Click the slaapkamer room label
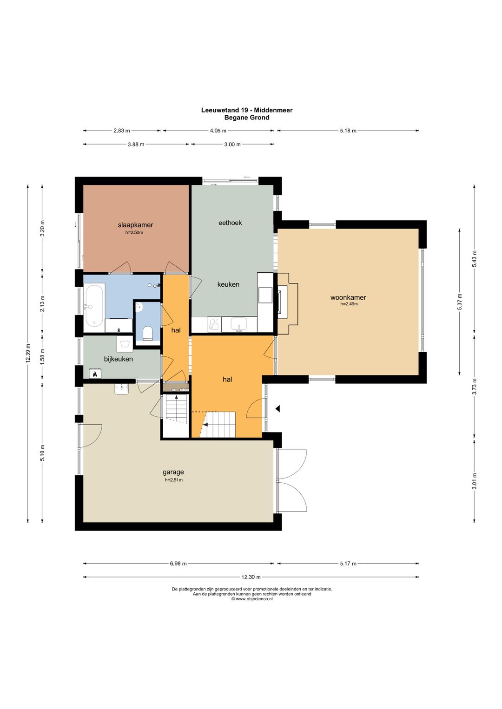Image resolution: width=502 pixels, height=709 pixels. click(135, 225)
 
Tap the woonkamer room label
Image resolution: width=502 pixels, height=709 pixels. click(348, 297)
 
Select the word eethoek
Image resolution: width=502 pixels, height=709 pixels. click(230, 223)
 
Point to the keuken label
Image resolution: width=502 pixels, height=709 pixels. click(228, 284)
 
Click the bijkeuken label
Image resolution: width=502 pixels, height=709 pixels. click(119, 359)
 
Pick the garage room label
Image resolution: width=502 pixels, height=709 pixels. click(173, 472)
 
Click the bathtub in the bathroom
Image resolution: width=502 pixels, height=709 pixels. click(94, 306)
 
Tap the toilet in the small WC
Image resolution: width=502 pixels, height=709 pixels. click(148, 333)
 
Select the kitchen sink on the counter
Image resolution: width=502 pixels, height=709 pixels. click(239, 325)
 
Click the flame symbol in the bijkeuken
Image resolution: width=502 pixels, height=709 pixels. click(94, 374)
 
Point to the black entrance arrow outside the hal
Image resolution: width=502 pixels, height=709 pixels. click(278, 409)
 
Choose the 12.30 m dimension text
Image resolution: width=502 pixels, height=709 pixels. click(251, 577)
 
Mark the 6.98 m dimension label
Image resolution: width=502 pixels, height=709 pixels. click(178, 564)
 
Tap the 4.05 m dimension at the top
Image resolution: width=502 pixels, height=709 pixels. click(218, 131)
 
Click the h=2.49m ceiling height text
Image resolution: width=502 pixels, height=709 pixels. click(349, 304)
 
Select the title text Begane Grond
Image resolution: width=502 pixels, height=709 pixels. click(247, 118)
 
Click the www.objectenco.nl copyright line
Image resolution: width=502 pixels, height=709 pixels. click(252, 599)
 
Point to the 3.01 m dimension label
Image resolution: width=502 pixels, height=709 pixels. click(475, 481)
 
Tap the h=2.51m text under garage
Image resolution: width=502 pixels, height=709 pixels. click(173, 480)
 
